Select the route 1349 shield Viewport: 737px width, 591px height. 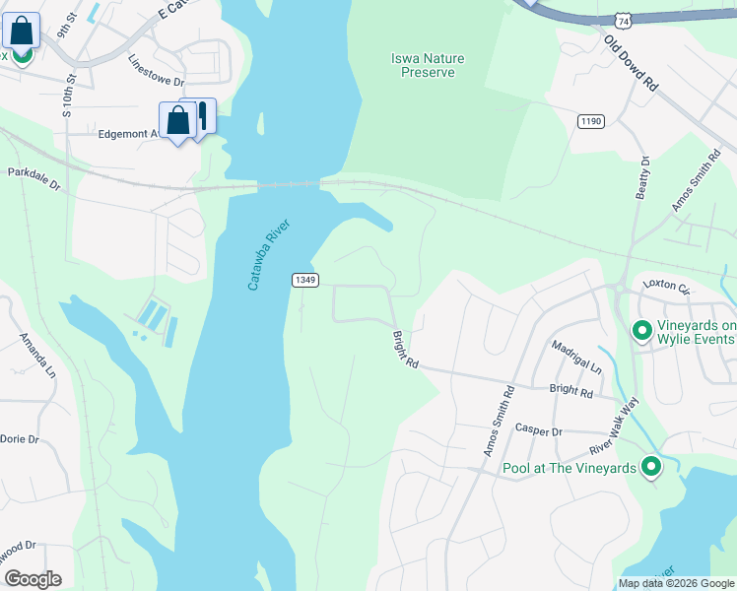point(304,281)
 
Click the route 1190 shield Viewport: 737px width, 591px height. point(590,120)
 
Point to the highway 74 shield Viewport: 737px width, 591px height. point(621,19)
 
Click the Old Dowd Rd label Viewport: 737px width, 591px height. point(631,65)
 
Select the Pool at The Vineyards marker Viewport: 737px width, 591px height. point(650,467)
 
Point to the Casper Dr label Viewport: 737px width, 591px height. point(538,431)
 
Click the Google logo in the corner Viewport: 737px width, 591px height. point(33,579)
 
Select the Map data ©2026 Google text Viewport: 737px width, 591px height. point(675,583)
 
